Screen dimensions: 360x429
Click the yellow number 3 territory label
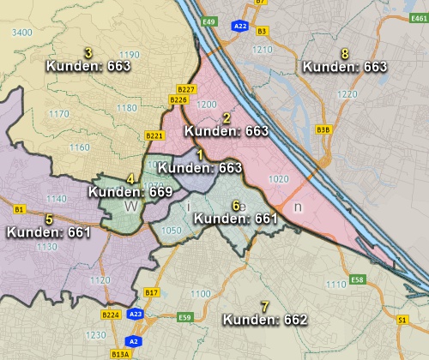click(88, 52)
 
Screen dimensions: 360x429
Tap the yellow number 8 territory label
click(345, 53)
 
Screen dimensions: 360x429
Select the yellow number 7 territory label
click(264, 306)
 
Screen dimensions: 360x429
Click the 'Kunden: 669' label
click(130, 192)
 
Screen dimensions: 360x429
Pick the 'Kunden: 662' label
click(264, 320)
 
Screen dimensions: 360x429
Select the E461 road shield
click(418, 41)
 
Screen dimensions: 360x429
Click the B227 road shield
click(185, 89)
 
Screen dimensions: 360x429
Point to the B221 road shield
click(154, 135)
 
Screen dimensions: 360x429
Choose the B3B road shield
click(323, 129)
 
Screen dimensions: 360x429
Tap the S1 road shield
click(402, 320)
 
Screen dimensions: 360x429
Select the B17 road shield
click(152, 293)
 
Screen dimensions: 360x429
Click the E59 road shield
click(184, 316)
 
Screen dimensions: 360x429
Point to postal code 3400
click(23, 32)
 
